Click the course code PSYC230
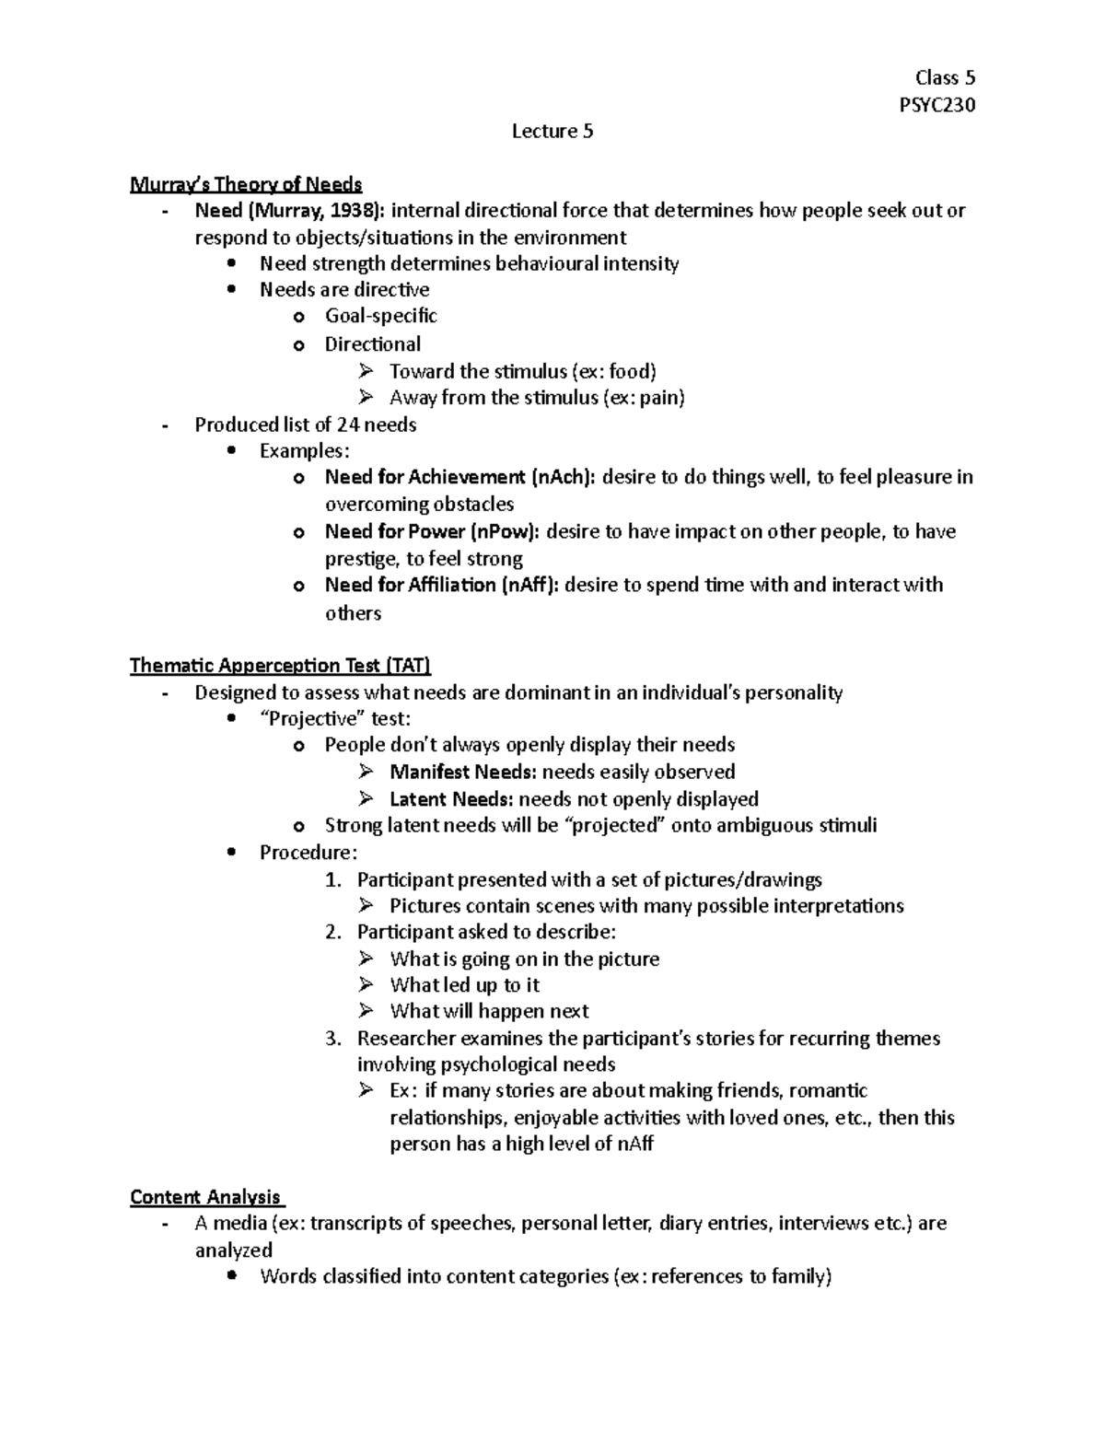(x=936, y=105)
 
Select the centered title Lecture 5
(x=552, y=132)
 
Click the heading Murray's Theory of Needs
(x=246, y=184)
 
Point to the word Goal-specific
(x=380, y=316)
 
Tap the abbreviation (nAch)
(x=564, y=477)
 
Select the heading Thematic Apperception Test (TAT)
(x=281, y=666)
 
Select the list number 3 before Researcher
(x=332, y=1039)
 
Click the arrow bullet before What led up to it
(x=366, y=984)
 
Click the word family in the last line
(x=799, y=1276)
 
